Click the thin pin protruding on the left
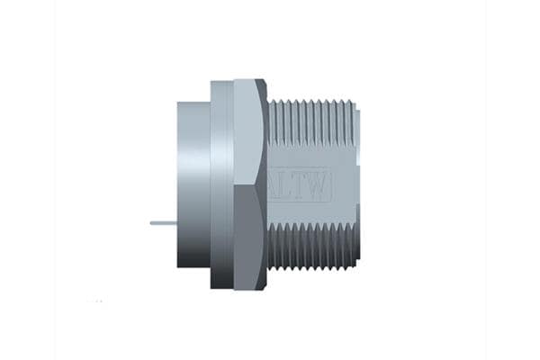pyautogui.click(x=164, y=222)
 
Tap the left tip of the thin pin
pyautogui.click(x=151, y=222)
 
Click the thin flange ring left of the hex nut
pyautogui.click(x=221, y=184)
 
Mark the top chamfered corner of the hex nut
pyautogui.click(x=261, y=86)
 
